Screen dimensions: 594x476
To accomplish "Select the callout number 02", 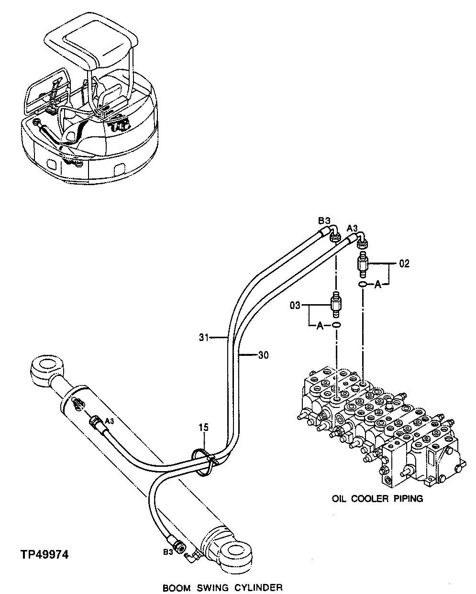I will coord(404,264).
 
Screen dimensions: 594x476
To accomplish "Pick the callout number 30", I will coord(263,355).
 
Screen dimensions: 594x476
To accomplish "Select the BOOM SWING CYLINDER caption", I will coord(222,587).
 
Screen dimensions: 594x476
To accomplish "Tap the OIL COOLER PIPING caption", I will coord(377,498).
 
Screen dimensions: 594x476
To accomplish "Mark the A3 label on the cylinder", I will coord(109,421).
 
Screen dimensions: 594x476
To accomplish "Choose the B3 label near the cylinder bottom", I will coord(168,552).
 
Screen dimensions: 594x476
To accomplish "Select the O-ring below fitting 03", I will coord(337,325).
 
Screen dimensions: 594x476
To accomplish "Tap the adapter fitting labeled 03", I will coord(337,303).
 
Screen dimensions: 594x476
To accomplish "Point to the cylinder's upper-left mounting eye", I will coord(46,368).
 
